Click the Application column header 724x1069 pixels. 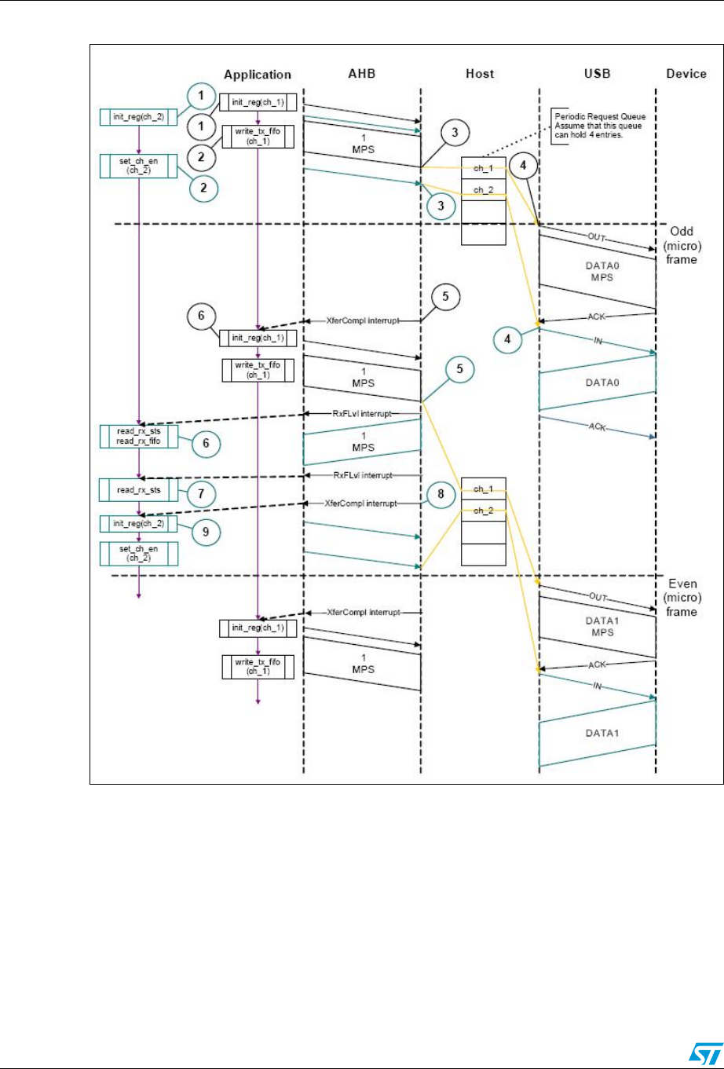coord(258,75)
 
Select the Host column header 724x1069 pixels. coord(479,74)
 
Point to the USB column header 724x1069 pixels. coord(598,74)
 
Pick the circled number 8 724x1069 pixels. coord(441,496)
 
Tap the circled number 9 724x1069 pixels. coord(206,531)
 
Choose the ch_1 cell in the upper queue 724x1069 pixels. coord(483,167)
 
